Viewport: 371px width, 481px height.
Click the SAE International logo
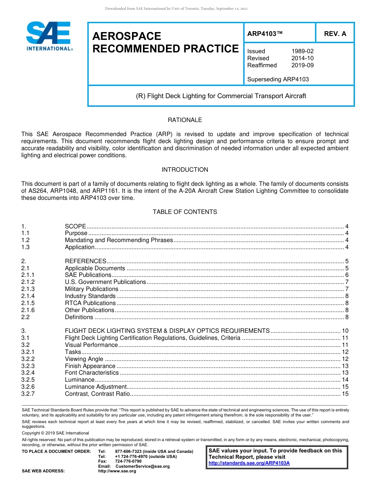(49, 36)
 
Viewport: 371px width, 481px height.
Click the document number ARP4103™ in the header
(264, 34)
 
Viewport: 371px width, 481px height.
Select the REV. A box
(335, 34)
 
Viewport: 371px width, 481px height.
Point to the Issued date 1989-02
(302, 51)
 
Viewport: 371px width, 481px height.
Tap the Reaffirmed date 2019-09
(302, 65)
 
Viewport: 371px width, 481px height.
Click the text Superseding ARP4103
(278, 79)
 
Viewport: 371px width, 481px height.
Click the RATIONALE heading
(185, 120)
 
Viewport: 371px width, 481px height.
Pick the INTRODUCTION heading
(185, 170)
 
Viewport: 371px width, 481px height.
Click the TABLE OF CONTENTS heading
(185, 212)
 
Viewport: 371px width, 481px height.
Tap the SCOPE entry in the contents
(75, 226)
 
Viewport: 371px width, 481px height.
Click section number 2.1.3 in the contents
(28, 289)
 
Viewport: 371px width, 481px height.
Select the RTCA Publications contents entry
(90, 303)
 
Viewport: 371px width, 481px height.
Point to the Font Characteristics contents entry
(91, 373)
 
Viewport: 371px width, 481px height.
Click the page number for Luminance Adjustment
(345, 387)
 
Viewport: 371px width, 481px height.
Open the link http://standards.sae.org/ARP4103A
(249, 463)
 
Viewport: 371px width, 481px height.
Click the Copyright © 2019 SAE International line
(55, 433)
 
